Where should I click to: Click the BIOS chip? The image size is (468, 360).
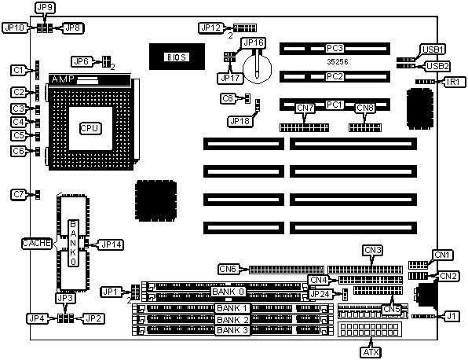coord(177,57)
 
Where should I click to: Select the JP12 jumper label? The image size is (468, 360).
coord(210,28)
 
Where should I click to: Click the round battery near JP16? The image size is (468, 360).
coord(258,69)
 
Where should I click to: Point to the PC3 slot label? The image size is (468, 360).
coord(335,48)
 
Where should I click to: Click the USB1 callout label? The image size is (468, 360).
coord(433,50)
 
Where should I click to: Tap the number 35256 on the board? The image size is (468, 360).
coord(338,62)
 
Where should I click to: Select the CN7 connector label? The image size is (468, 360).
coord(305,108)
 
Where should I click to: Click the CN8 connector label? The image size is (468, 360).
coord(364,108)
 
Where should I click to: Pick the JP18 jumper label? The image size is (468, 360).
coord(240,121)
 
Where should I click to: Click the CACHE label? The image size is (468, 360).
coord(37,243)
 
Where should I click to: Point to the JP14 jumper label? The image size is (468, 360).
coord(112,244)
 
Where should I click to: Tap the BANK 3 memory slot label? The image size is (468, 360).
coord(232,330)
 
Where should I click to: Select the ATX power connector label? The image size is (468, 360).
coord(371,352)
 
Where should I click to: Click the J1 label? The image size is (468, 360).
coord(452,316)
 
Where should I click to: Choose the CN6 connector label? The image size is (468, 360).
coord(228,269)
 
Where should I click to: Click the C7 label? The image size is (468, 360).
coord(19,194)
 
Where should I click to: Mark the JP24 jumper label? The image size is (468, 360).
coord(320,294)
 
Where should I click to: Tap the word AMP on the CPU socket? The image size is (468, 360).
coord(63,79)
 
